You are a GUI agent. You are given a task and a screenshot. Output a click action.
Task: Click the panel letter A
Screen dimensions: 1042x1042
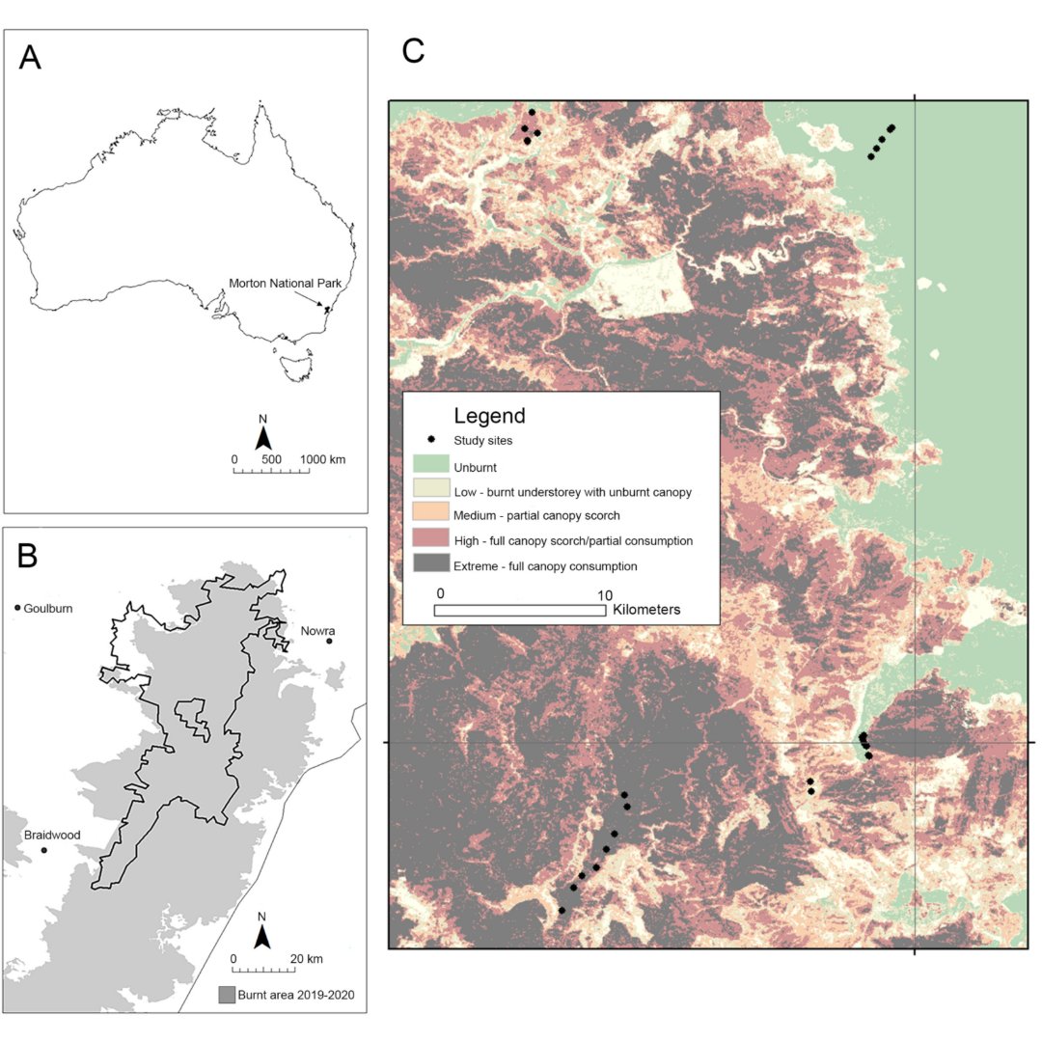tap(31, 58)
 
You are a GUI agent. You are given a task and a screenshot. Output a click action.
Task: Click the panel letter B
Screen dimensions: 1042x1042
tap(28, 556)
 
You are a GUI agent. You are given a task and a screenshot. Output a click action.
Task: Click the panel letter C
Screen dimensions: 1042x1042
tap(413, 51)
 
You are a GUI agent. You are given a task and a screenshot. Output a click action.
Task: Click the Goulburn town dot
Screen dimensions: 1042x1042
tap(18, 608)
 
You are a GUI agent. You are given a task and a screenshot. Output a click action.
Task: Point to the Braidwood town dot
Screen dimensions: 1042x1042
tap(44, 850)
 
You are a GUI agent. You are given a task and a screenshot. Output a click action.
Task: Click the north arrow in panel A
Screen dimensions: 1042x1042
tap(262, 437)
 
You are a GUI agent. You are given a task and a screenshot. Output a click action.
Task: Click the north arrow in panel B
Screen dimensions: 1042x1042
tap(261, 935)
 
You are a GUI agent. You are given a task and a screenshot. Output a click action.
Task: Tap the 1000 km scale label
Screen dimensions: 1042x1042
tap(323, 459)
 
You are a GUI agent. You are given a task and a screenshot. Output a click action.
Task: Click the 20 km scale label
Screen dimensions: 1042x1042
tap(309, 958)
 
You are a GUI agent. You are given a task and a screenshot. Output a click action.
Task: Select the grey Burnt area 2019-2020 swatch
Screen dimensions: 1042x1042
tap(227, 994)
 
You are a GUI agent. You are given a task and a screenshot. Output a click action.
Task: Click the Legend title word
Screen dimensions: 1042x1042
tap(489, 416)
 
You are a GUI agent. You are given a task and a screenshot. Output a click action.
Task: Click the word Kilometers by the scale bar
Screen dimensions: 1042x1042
tap(646, 610)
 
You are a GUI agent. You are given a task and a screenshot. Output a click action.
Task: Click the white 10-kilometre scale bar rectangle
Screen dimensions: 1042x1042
tap(519, 610)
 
